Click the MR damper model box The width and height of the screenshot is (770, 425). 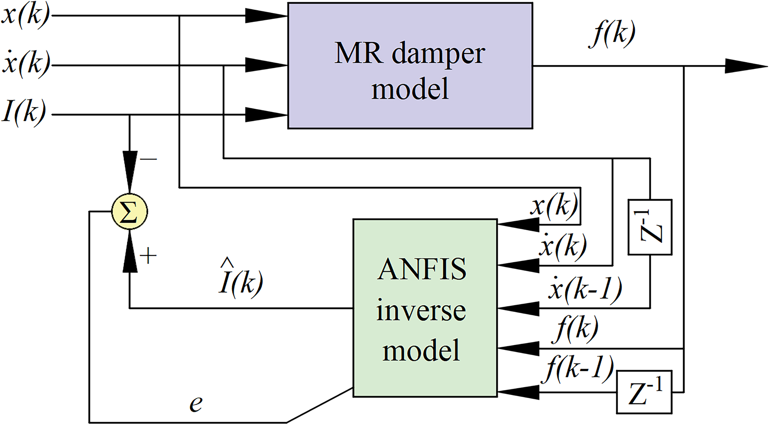click(x=410, y=66)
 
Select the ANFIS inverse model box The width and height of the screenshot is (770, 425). click(x=425, y=308)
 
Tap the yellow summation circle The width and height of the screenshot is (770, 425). click(x=129, y=212)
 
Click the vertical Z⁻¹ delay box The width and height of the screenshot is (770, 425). click(x=650, y=227)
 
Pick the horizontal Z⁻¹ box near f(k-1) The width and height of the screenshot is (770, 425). click(x=644, y=392)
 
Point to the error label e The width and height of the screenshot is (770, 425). click(x=196, y=404)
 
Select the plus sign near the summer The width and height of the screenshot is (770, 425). click(x=148, y=256)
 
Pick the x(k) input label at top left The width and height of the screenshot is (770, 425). click(x=25, y=16)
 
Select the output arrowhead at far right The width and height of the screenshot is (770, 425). click(x=745, y=66)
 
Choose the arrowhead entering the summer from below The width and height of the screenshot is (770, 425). click(x=130, y=252)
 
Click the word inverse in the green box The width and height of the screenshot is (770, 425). click(x=421, y=311)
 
